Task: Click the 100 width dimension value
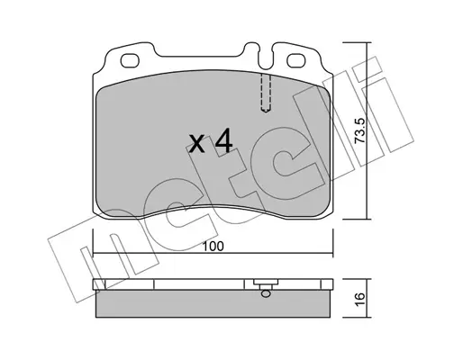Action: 213,247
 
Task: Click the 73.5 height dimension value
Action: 359,130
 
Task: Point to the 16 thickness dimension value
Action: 360,299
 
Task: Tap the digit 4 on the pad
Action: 224,140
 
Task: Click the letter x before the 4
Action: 197,143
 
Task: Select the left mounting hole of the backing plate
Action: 130,61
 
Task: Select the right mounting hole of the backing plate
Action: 296,60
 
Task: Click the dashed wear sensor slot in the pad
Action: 266,93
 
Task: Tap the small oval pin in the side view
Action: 266,293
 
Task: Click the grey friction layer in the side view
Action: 213,303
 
